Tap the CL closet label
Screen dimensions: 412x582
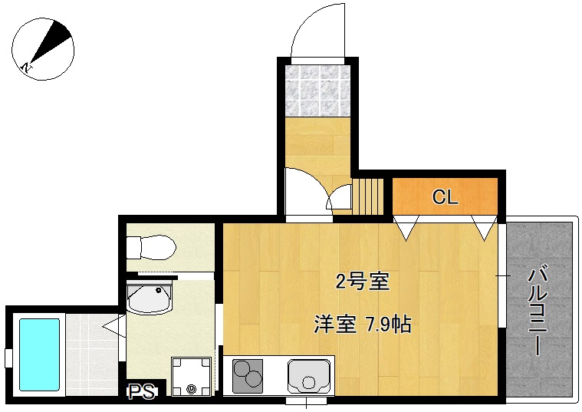pyautogui.click(x=445, y=197)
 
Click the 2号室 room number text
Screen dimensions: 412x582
pyautogui.click(x=363, y=282)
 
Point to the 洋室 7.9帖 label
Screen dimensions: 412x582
pyautogui.click(x=362, y=325)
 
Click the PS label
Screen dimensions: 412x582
pyautogui.click(x=141, y=392)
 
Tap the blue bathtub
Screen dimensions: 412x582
pyautogui.click(x=39, y=354)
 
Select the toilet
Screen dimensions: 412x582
pyautogui.click(x=151, y=248)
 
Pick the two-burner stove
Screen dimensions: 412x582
pyautogui.click(x=247, y=377)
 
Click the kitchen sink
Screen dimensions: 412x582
pyautogui.click(x=310, y=377)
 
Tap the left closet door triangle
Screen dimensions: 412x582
pyautogui.click(x=406, y=228)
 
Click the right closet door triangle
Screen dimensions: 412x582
pyautogui.click(x=483, y=228)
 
